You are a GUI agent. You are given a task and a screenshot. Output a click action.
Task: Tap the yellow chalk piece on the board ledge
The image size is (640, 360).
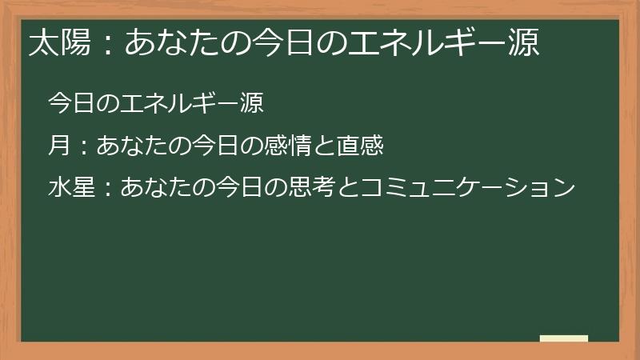click(564, 339)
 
